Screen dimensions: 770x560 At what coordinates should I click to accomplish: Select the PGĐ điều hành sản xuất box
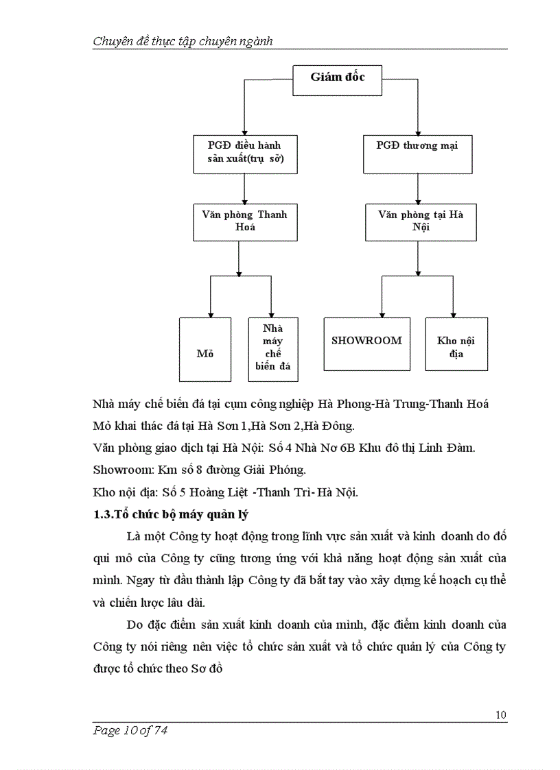click(x=245, y=153)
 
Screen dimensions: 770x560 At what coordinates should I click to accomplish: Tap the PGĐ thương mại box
click(x=417, y=153)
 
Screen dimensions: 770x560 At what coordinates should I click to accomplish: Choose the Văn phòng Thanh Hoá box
click(x=245, y=221)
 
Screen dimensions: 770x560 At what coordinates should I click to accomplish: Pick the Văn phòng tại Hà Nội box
click(x=420, y=221)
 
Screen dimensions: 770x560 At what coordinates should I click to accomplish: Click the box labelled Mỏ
click(x=205, y=349)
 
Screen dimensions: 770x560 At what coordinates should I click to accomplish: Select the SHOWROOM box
click(x=366, y=344)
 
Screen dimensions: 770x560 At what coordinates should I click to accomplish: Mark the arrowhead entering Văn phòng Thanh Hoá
click(x=245, y=200)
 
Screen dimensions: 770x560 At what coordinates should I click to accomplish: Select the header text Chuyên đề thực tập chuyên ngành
click(x=183, y=41)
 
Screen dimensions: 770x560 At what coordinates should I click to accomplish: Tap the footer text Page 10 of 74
click(x=130, y=731)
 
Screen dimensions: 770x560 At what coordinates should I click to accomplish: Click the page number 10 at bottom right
click(x=500, y=715)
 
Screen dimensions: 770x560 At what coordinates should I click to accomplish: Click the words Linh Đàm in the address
click(x=451, y=448)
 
